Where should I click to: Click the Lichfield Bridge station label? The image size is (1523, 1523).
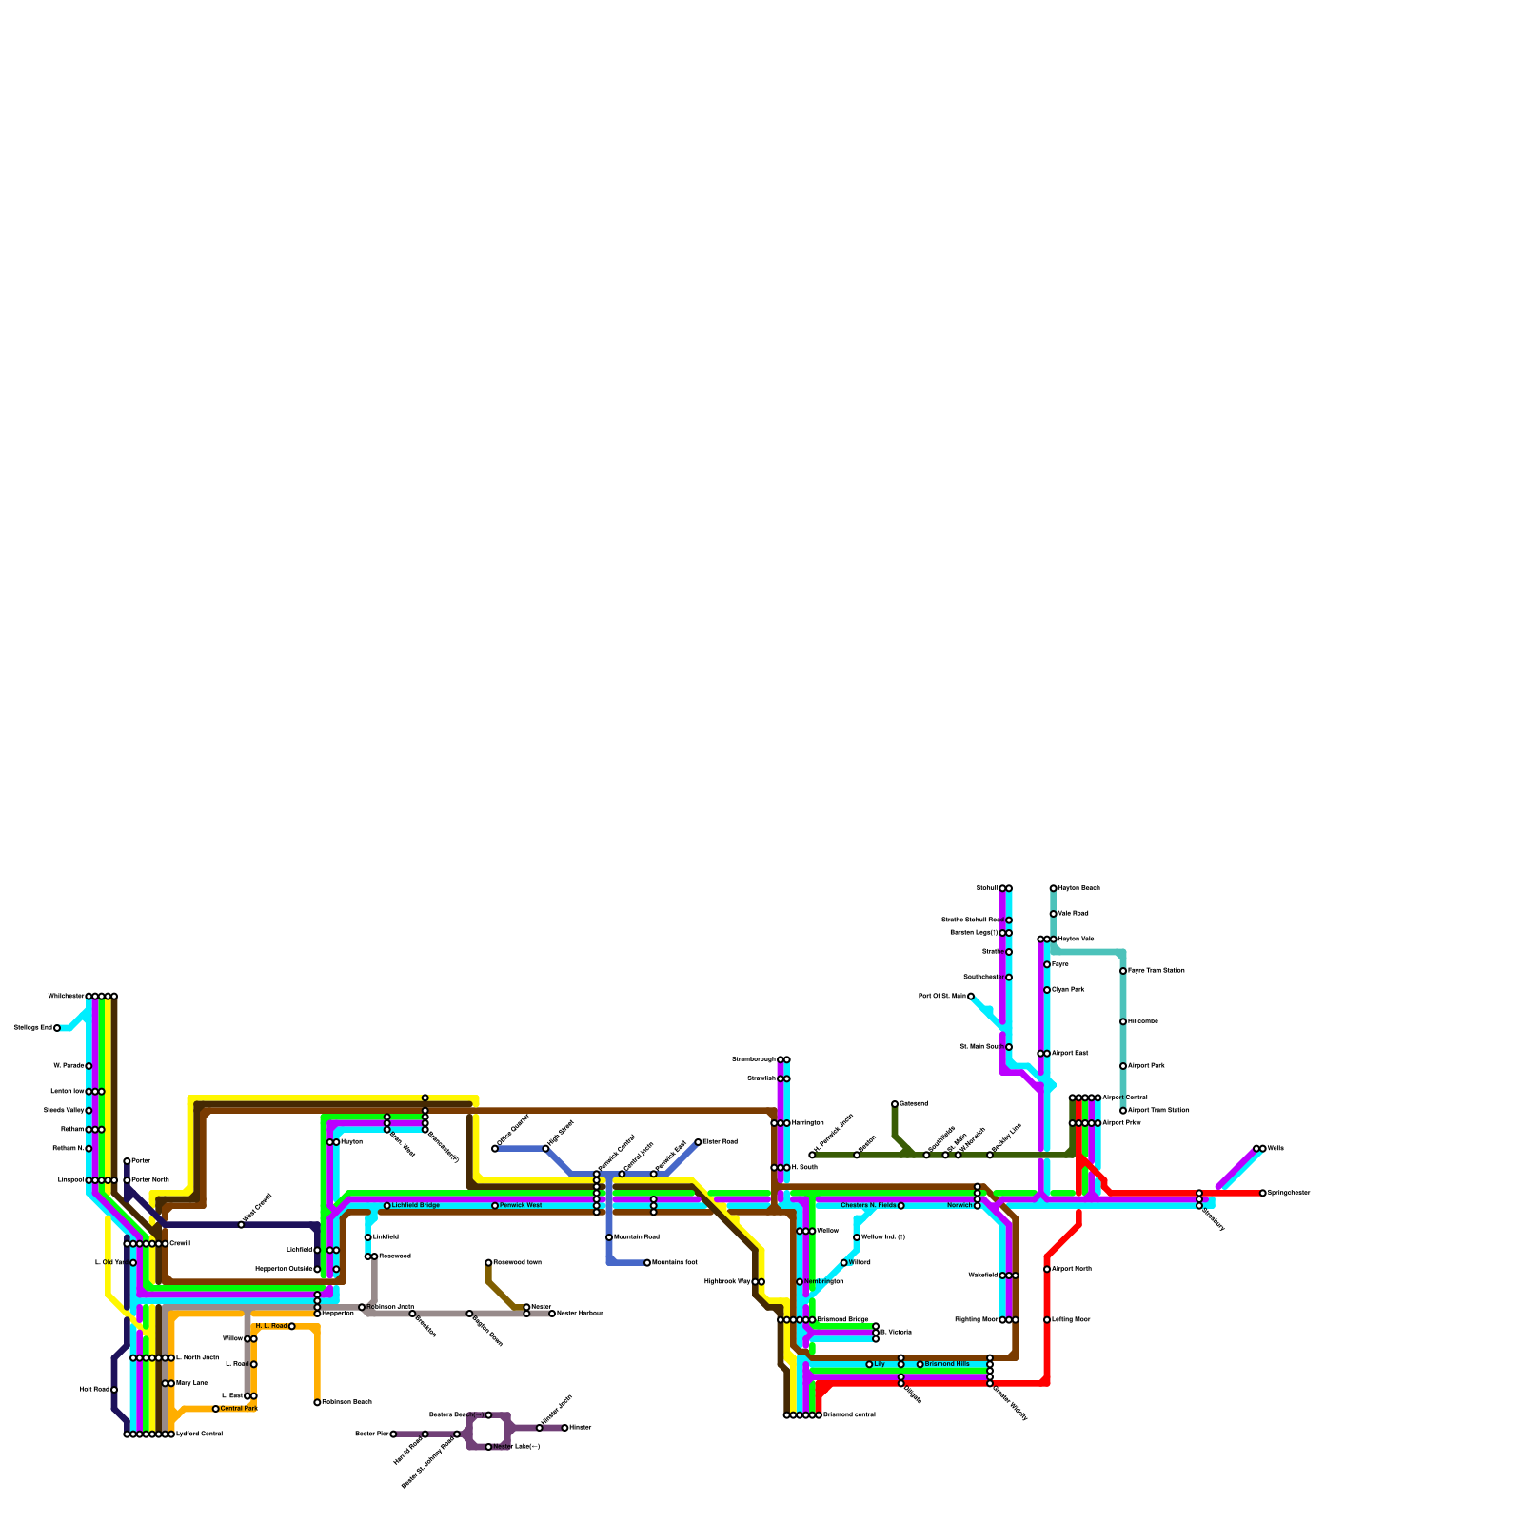click(x=415, y=1205)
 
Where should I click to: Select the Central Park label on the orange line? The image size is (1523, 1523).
click(x=238, y=1408)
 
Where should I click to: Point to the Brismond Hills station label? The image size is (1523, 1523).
click(x=947, y=1364)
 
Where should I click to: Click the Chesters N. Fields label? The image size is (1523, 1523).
click(x=868, y=1205)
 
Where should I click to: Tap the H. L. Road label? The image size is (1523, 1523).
click(x=271, y=1326)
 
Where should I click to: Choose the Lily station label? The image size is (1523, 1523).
click(x=880, y=1364)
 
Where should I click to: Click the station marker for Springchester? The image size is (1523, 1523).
click(x=1263, y=1193)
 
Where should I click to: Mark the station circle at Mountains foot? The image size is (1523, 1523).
click(x=647, y=1263)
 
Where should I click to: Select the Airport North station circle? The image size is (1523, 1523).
click(x=1047, y=1269)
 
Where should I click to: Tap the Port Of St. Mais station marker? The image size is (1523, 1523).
click(x=971, y=997)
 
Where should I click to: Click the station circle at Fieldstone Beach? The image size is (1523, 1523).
click(x=317, y=1402)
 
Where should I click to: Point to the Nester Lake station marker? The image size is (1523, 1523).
click(x=488, y=1447)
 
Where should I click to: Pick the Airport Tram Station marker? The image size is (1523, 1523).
click(x=1123, y=1111)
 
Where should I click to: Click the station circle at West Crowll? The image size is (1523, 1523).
click(x=241, y=1225)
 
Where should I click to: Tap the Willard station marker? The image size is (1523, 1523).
click(x=844, y=1263)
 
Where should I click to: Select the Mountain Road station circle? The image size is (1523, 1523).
click(x=609, y=1237)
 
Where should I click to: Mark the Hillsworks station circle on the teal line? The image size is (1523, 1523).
click(x=1123, y=1021)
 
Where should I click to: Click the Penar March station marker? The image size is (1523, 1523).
click(x=127, y=1180)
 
